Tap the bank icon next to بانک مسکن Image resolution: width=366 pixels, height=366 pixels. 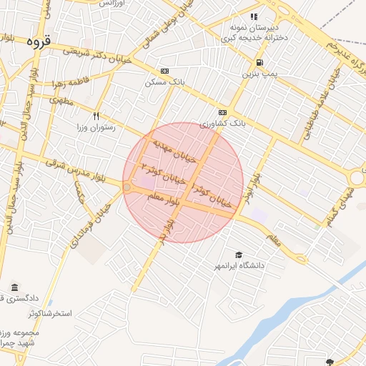click(165, 71)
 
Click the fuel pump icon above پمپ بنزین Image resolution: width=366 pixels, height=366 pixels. click(258, 62)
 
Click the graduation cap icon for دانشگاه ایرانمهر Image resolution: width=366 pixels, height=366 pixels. click(238, 254)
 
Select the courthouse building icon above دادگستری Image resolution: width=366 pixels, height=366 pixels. click(14, 287)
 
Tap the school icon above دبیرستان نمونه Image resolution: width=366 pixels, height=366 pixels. click(253, 16)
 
